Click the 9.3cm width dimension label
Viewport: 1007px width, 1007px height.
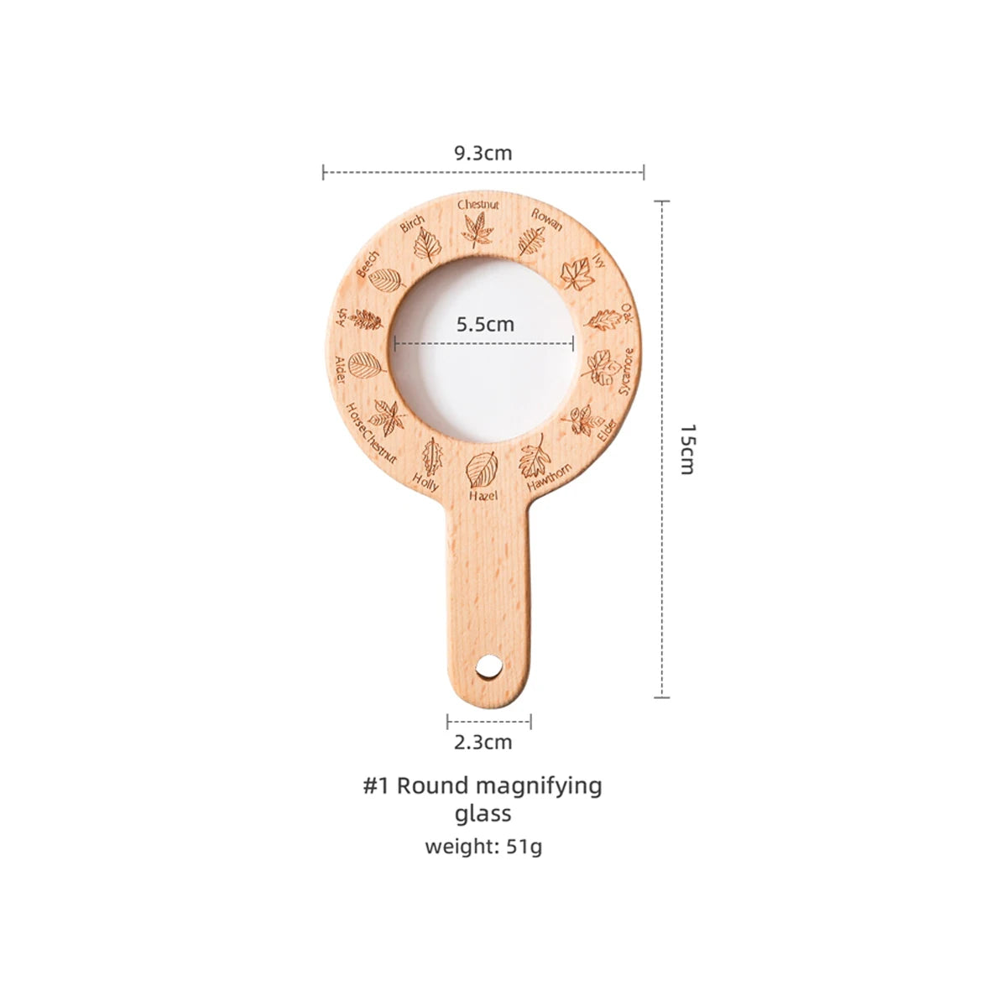pos(483,153)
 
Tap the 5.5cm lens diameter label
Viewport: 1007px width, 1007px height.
pos(486,324)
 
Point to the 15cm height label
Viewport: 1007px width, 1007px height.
pos(688,449)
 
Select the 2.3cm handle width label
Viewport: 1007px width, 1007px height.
pos(483,742)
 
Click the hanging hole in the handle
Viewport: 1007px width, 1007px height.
pos(489,667)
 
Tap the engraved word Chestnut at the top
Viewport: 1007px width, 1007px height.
pos(478,205)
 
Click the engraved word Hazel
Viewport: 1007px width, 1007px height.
pos(483,495)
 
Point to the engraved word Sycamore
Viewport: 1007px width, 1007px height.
pos(626,372)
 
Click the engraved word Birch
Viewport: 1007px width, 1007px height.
pos(412,223)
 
